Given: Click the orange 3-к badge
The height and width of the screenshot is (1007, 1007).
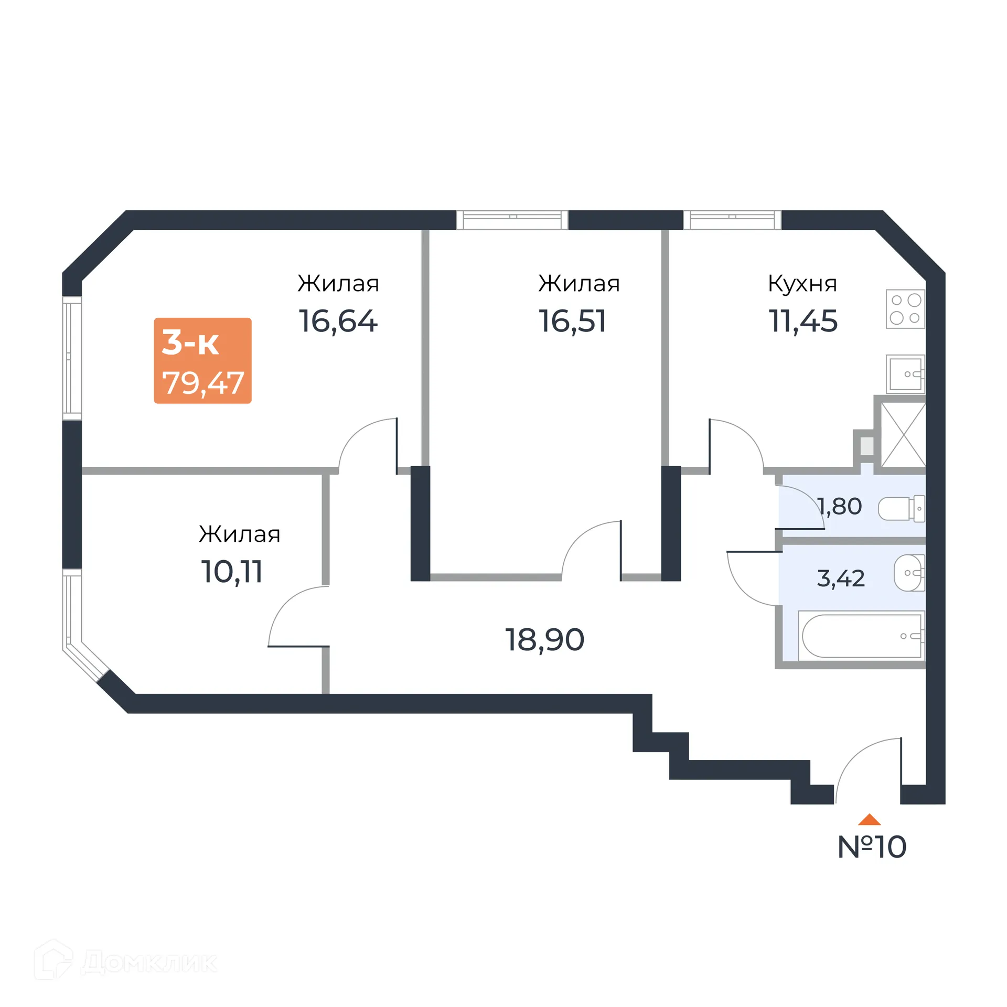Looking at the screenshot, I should [202, 360].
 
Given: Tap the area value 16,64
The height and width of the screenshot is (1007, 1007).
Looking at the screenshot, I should [338, 321].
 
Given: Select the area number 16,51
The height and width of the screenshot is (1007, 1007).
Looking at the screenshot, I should [572, 321].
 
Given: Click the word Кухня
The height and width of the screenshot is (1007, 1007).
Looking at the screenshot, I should [802, 284].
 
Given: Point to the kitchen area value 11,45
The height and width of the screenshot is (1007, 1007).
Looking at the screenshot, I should [802, 321].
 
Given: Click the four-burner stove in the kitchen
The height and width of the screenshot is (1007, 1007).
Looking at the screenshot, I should [905, 309].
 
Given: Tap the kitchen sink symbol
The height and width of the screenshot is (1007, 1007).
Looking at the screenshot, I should [905, 374].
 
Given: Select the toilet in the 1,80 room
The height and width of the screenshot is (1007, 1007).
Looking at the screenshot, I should [901, 508].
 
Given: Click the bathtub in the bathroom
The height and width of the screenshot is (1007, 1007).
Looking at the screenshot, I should [861, 636].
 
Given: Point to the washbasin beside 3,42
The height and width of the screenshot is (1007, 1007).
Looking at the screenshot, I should [909, 573].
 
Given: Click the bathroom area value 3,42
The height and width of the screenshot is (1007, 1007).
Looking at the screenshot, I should [840, 579].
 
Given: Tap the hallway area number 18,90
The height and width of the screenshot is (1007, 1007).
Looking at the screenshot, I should [544, 640].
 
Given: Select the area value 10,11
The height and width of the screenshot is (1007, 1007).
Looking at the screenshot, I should [232, 572].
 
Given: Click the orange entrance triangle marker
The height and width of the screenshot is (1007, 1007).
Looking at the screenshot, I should [869, 819].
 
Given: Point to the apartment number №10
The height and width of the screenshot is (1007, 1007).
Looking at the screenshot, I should [872, 847].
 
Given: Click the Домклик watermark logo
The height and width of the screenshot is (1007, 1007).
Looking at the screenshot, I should [126, 962].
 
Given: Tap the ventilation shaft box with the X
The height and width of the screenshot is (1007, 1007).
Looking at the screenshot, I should [903, 434].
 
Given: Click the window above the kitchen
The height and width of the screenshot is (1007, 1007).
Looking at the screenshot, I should [732, 220].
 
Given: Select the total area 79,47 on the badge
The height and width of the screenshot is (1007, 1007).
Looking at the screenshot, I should [203, 383].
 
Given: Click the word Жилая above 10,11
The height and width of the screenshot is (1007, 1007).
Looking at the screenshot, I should [239, 534].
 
